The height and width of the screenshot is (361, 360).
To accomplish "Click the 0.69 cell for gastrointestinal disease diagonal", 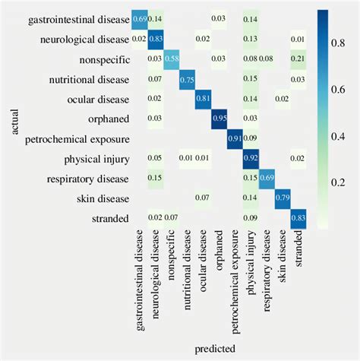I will (140, 18).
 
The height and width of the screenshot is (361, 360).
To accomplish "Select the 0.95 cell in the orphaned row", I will (219, 119).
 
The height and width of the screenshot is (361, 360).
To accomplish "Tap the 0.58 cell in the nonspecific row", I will (172, 59).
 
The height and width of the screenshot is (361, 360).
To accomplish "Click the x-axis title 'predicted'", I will (219, 348).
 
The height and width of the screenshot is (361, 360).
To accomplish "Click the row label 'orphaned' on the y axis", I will (109, 119).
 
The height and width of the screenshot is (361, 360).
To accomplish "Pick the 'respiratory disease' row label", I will (86, 178).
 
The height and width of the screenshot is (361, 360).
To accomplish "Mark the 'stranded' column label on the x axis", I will (298, 249).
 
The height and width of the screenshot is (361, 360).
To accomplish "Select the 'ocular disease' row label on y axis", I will (96, 98).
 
